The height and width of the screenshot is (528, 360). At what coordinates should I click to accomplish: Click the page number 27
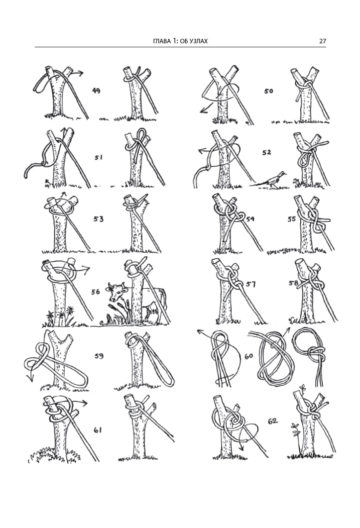click(x=322, y=41)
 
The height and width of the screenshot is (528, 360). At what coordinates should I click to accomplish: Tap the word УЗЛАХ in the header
click(x=198, y=41)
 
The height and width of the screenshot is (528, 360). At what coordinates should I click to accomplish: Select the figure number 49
click(x=96, y=90)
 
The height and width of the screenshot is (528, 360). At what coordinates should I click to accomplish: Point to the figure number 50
click(x=268, y=91)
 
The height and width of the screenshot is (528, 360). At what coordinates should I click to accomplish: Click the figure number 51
click(x=98, y=157)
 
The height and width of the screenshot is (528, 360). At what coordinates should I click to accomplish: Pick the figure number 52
click(x=266, y=153)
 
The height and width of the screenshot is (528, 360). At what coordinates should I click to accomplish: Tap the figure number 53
click(x=98, y=219)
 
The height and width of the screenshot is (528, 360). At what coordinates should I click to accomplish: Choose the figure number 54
click(x=250, y=219)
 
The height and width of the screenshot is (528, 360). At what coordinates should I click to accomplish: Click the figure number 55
click(x=292, y=219)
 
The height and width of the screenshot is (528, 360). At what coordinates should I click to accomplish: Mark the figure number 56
click(x=96, y=292)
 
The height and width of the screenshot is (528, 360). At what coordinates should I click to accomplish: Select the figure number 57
click(x=250, y=285)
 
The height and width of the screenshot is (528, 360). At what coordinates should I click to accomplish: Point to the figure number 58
click(x=293, y=283)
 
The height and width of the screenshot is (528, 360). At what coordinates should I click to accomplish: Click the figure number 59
click(x=99, y=356)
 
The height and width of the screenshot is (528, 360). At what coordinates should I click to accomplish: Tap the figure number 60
click(x=248, y=356)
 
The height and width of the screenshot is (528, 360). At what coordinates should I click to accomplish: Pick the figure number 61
click(x=98, y=429)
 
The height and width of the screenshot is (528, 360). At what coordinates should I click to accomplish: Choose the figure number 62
click(x=272, y=421)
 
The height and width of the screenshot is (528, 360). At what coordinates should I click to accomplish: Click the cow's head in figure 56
click(x=117, y=292)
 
